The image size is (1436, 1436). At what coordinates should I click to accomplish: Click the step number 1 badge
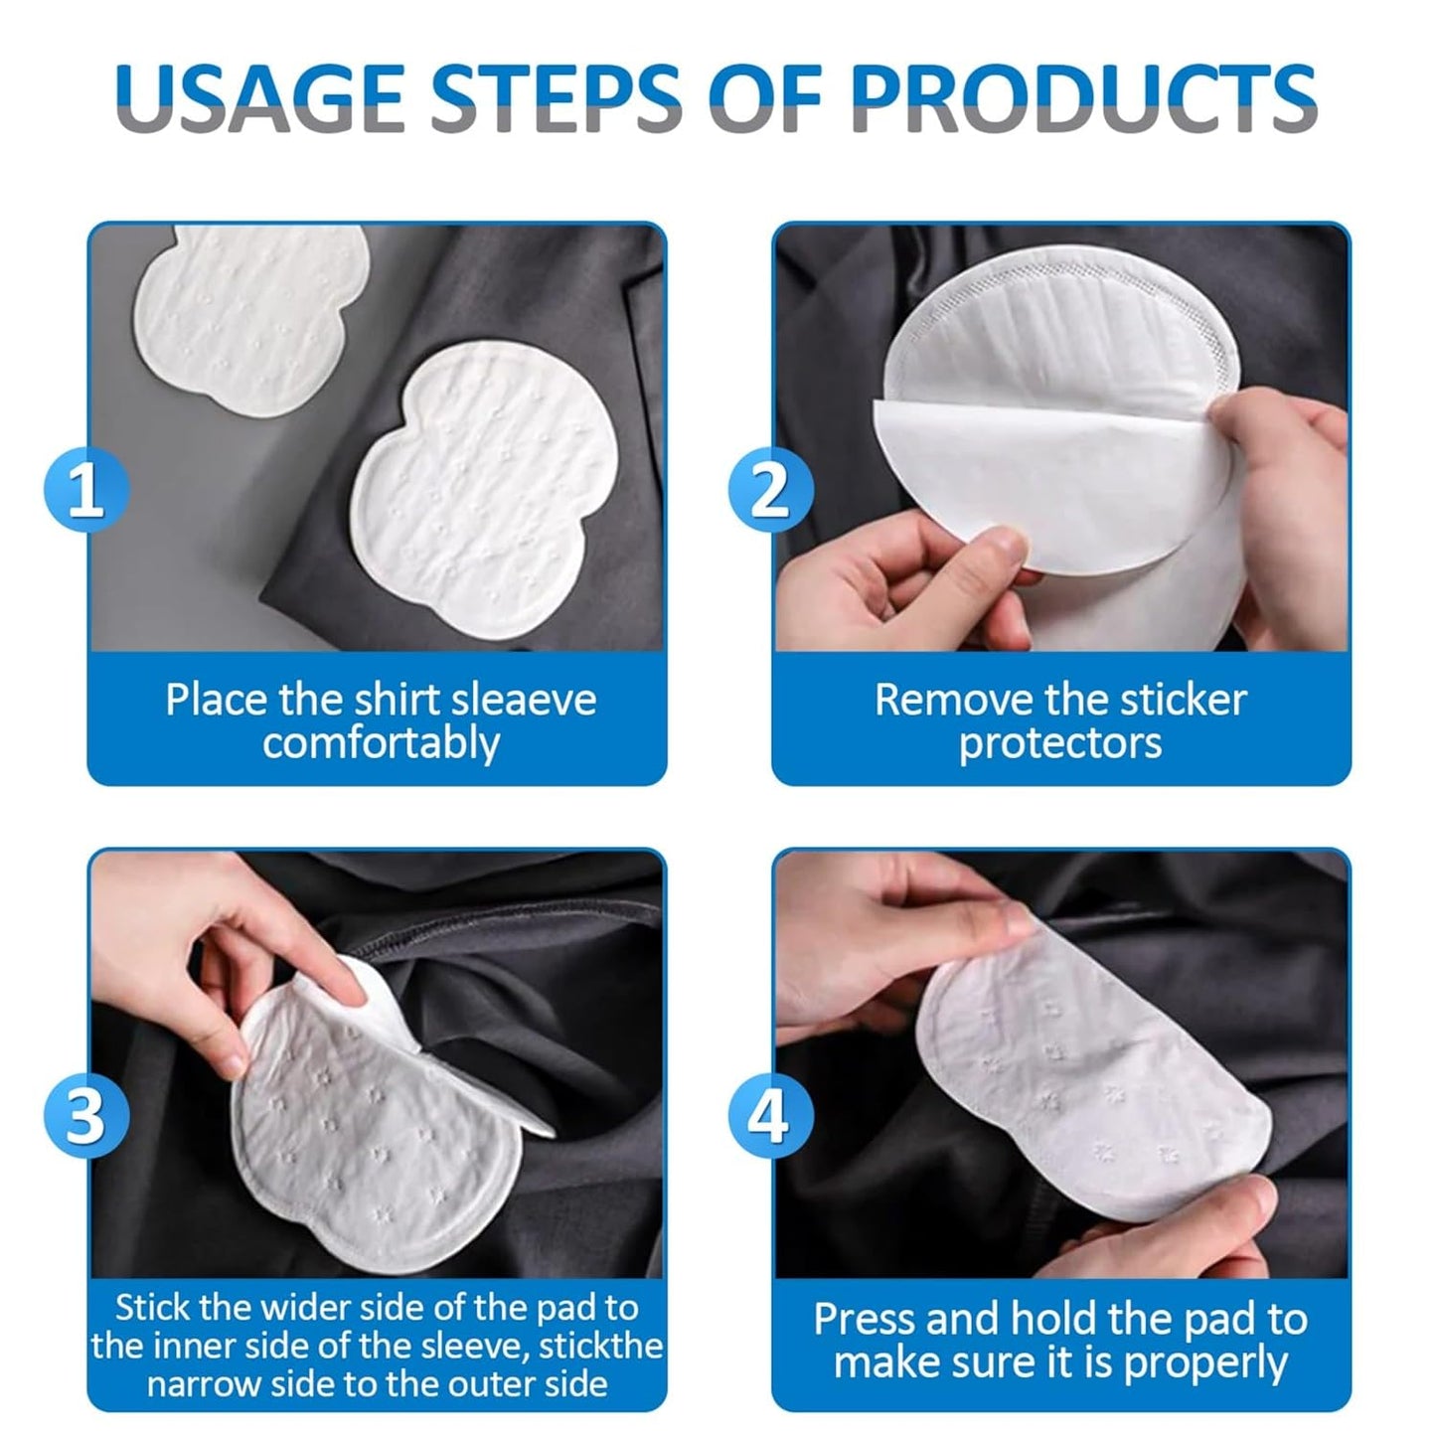click(85, 491)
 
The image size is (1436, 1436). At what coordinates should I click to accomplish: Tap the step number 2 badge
click(770, 491)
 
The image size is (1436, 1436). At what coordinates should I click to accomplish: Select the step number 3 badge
click(85, 1114)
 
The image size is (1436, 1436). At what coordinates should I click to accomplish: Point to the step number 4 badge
click(770, 1114)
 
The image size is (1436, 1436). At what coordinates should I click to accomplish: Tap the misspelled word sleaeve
click(525, 700)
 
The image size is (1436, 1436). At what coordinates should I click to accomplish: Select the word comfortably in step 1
click(381, 743)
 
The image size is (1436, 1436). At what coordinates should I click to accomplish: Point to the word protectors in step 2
click(1060, 743)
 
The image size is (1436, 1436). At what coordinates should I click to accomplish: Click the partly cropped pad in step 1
click(248, 313)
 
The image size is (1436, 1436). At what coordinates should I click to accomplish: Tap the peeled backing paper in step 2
click(1034, 487)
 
